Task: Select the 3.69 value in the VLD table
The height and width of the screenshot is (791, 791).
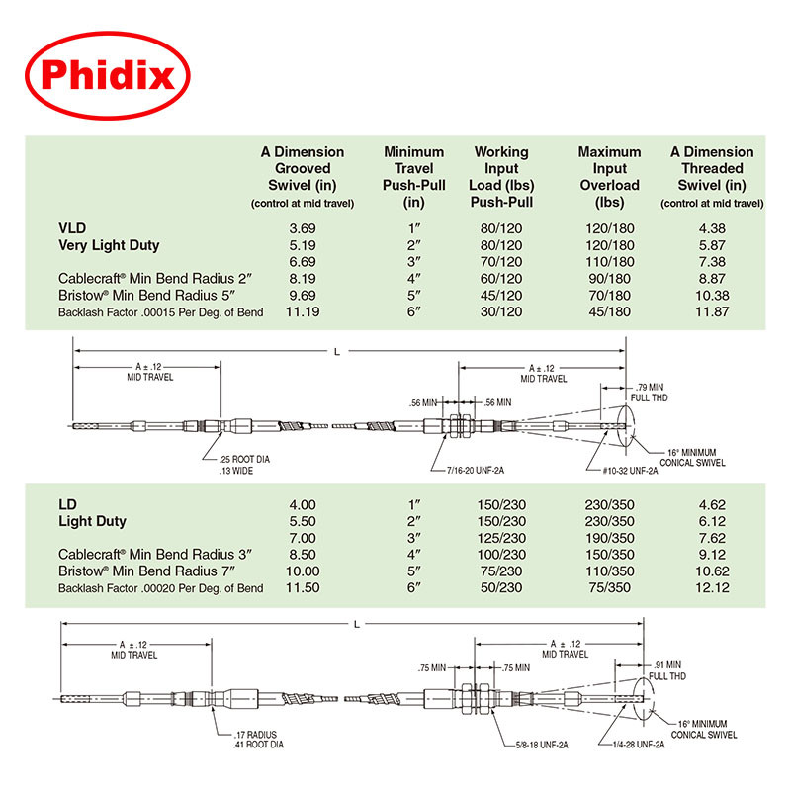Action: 302,227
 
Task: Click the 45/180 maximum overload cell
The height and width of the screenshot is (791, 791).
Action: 610,311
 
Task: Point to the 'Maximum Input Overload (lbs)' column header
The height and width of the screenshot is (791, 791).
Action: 610,176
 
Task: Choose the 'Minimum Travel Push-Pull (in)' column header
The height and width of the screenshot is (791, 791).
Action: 414,176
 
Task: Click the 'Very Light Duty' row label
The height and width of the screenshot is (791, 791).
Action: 109,244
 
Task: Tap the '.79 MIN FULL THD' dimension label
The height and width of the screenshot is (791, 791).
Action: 652,391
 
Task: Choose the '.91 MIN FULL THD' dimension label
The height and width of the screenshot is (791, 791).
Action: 665,671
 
